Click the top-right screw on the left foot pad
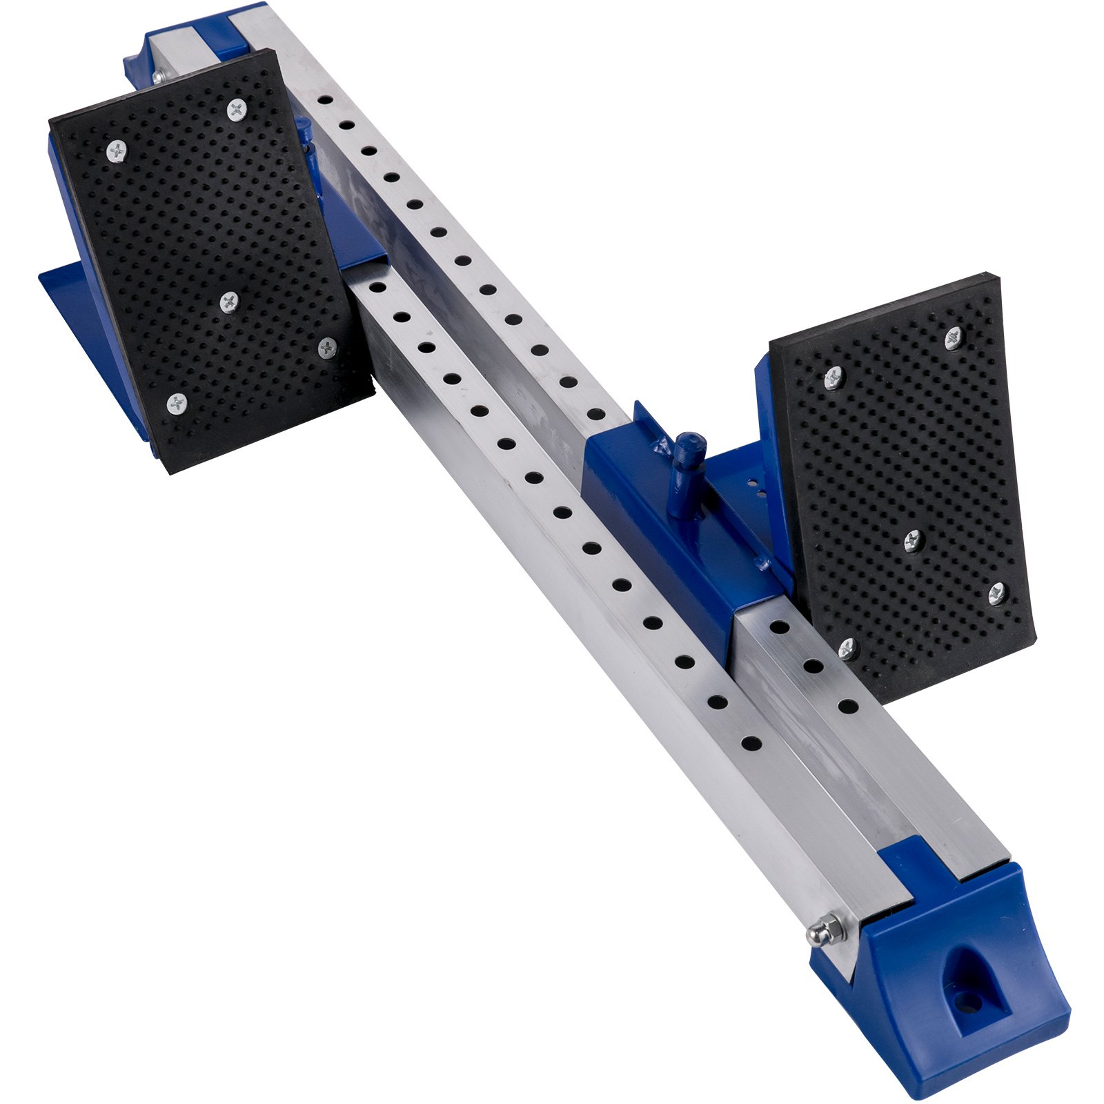(x=237, y=108)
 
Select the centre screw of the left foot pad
(x=228, y=301)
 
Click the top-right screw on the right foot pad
(x=954, y=337)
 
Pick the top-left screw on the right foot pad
(x=834, y=377)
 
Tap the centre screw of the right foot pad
(x=914, y=540)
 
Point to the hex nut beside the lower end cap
(x=827, y=931)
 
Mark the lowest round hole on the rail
(x=751, y=744)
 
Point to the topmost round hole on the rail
(x=325, y=100)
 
